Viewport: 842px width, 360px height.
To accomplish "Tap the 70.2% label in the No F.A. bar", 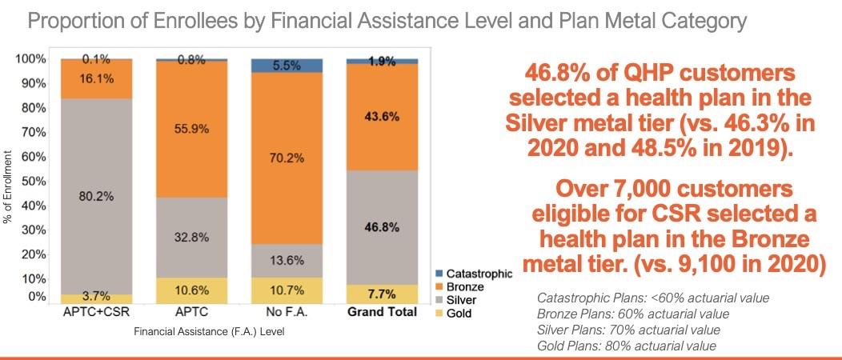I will [287, 158].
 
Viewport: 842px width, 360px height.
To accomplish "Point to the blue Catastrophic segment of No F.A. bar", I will [287, 66].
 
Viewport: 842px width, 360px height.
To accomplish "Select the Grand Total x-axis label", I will [382, 313].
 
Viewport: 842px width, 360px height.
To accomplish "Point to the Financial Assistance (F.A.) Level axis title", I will [211, 330].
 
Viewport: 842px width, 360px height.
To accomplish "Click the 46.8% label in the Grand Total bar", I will [382, 226].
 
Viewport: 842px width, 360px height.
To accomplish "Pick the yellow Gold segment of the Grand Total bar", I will [382, 294].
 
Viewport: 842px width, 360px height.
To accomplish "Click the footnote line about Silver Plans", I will [628, 329].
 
